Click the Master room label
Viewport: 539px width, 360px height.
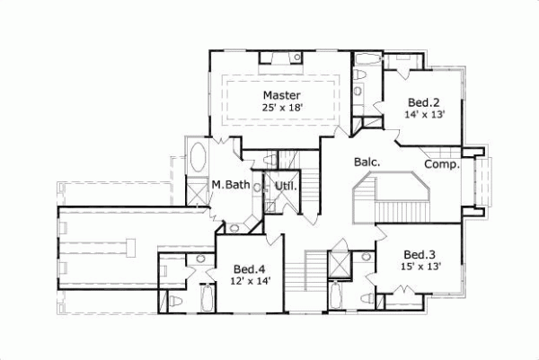pyautogui.click(x=281, y=95)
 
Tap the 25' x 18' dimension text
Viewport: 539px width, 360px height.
pyautogui.click(x=281, y=108)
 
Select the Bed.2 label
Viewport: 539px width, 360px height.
pyautogui.click(x=422, y=101)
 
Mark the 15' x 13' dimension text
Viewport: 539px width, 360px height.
pyautogui.click(x=421, y=267)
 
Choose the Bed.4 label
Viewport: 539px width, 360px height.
pyautogui.click(x=249, y=268)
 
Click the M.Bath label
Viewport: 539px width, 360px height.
pyautogui.click(x=230, y=186)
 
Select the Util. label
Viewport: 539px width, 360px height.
pyautogui.click(x=286, y=186)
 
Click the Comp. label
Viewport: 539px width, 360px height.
pyautogui.click(x=442, y=164)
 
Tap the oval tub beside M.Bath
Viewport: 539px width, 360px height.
pyautogui.click(x=197, y=160)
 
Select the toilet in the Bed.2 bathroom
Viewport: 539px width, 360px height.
pyautogui.click(x=360, y=89)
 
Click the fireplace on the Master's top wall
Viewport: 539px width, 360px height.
pyautogui.click(x=280, y=59)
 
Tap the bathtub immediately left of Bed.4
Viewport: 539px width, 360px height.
pyautogui.click(x=208, y=297)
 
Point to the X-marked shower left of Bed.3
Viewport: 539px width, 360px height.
pyautogui.click(x=340, y=266)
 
